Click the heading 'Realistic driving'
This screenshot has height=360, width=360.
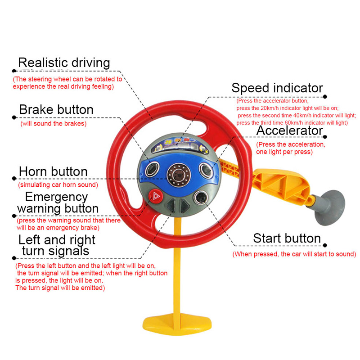[64, 63]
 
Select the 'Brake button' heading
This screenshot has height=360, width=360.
[56, 110]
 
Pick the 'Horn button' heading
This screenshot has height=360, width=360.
[53, 171]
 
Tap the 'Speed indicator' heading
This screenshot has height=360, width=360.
[277, 88]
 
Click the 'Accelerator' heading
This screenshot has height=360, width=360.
[290, 130]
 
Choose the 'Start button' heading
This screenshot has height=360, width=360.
[287, 238]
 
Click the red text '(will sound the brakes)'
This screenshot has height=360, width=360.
[54, 123]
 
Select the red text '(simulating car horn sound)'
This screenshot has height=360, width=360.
[58, 185]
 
